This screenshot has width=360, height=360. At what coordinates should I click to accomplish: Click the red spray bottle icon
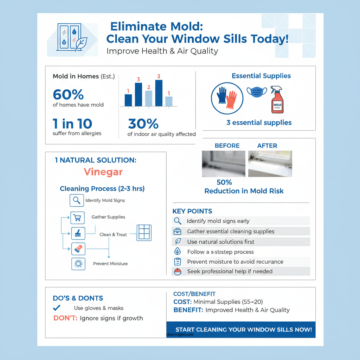(x=277, y=100)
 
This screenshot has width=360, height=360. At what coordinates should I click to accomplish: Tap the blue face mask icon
(x=257, y=92)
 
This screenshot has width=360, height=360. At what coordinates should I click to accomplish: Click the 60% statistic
(x=68, y=95)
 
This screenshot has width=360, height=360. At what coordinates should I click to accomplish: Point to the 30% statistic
(x=143, y=124)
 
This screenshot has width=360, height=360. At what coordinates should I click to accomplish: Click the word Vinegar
(x=103, y=172)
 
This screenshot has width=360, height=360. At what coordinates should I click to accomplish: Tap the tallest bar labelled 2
(x=159, y=93)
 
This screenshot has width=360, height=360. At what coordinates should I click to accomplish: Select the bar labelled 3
(x=139, y=94)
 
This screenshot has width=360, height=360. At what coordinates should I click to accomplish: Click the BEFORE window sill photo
(x=224, y=164)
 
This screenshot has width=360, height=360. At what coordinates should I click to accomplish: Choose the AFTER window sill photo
(x=270, y=164)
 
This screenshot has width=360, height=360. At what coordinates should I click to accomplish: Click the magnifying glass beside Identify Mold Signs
(x=77, y=201)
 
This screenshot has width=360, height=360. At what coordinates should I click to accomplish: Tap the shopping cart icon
(x=78, y=218)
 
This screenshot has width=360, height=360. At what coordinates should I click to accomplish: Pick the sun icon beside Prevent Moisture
(x=78, y=264)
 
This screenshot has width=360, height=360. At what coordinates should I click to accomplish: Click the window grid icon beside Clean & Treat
(x=144, y=233)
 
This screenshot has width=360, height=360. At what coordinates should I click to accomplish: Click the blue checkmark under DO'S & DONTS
(x=56, y=308)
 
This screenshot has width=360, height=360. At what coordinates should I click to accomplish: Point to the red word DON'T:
(x=65, y=318)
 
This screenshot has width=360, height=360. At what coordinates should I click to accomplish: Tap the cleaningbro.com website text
(x=180, y=335)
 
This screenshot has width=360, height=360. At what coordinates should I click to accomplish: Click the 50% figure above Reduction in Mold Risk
(x=224, y=182)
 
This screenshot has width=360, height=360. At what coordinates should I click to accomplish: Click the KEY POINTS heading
(x=192, y=211)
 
